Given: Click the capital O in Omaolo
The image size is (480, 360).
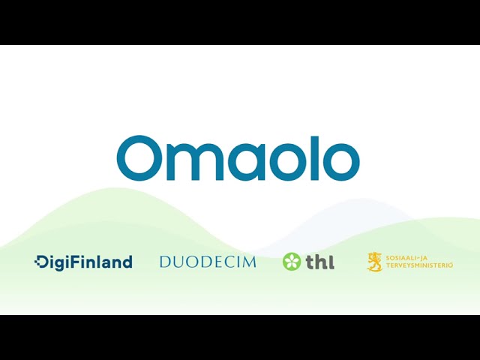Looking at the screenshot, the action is click(x=139, y=158).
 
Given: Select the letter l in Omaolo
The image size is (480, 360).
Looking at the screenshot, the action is click(x=315, y=158).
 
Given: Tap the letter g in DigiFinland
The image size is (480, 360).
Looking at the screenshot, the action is click(x=61, y=264).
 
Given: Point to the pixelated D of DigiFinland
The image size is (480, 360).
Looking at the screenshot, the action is click(x=41, y=262).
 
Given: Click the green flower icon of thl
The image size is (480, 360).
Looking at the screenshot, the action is click(x=292, y=262).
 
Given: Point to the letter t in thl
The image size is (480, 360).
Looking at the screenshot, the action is click(x=310, y=262).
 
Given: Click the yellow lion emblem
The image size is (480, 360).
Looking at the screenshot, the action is click(x=375, y=262).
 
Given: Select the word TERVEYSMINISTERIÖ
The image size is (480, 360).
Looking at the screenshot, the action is click(x=419, y=265).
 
